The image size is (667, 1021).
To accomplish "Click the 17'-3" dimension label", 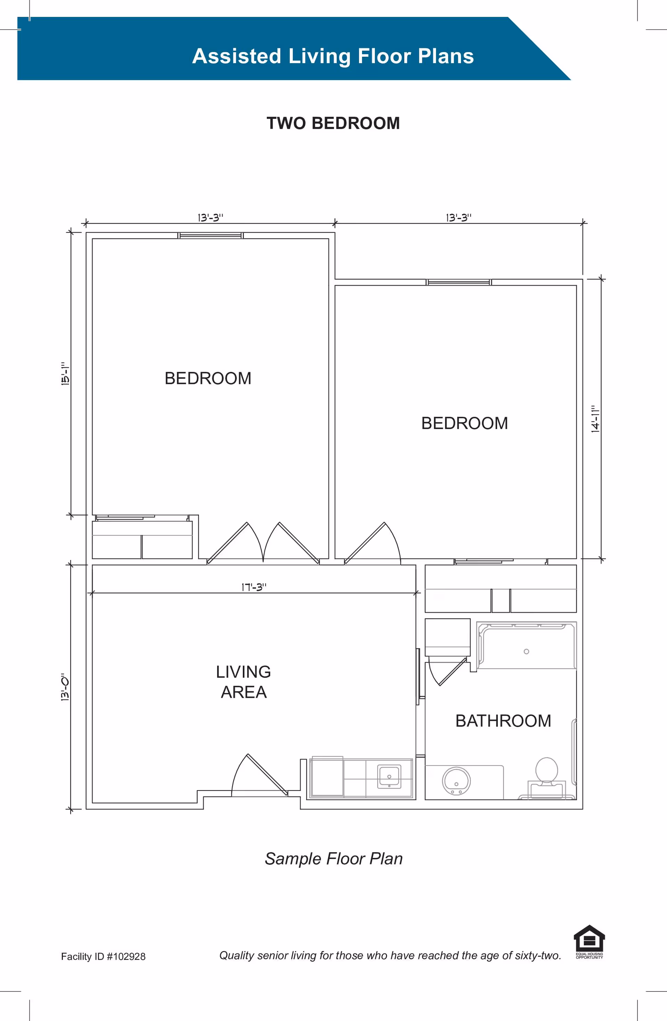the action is point(254,587).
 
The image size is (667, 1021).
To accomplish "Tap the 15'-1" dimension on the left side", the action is point(65,374).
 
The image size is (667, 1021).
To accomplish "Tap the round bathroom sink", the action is point(456,781).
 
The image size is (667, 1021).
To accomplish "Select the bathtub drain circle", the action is point(526,651).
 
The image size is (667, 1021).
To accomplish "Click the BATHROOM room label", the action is point(503,721).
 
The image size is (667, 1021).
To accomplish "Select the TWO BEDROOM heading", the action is point(333,123).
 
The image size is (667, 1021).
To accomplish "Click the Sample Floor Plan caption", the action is point(333,859).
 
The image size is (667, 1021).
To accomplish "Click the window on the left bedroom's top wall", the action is point(210,235).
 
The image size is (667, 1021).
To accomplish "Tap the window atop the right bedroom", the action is point(459,282).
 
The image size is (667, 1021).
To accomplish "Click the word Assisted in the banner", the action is point(237,56).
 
